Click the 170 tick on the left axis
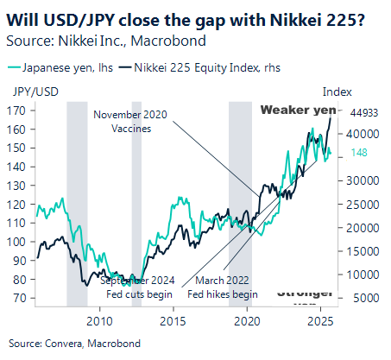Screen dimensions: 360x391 (x=16, y=111)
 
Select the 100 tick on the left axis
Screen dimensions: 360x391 (x=16, y=241)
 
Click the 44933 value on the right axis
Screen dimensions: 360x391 (x=366, y=112)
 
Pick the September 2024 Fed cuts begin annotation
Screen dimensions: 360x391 (x=138, y=287)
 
